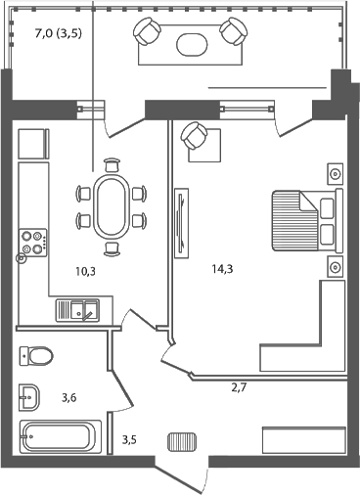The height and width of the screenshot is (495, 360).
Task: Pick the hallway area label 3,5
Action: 130,441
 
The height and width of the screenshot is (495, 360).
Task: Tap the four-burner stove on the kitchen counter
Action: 33,242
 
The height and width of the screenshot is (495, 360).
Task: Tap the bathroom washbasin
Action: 29,397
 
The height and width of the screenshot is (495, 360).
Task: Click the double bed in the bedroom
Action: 302,220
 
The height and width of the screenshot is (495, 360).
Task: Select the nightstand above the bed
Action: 335,174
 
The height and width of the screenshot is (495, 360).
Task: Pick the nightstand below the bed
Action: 335,266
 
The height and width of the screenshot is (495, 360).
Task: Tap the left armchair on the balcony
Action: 149,34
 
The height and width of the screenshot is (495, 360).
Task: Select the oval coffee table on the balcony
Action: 191,43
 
